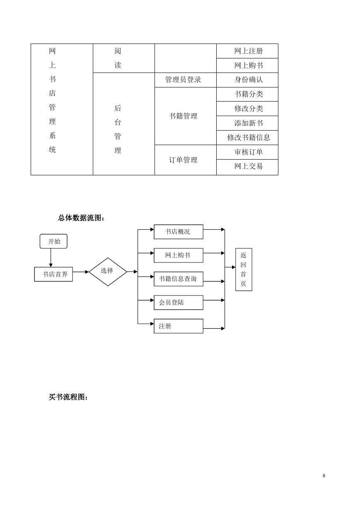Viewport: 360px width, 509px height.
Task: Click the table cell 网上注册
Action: [247, 51]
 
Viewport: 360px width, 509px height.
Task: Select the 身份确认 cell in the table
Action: [247, 80]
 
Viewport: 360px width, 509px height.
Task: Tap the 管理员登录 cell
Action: [185, 80]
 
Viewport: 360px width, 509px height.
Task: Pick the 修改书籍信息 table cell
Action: [247, 138]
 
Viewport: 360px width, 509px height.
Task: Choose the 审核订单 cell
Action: [247, 152]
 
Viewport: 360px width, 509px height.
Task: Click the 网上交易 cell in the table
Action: [247, 167]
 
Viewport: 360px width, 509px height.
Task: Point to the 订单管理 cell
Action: [185, 160]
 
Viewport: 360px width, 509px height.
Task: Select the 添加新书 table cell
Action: [247, 123]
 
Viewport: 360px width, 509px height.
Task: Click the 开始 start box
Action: [53, 241]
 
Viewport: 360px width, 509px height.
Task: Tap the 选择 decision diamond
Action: [108, 272]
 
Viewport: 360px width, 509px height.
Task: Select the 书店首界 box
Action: [53, 274]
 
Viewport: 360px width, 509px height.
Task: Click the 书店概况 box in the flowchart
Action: [179, 232]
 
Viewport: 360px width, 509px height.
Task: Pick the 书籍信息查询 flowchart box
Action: [179, 279]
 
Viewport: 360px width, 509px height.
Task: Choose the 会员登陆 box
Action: [179, 303]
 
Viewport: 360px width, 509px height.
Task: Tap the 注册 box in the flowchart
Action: [179, 326]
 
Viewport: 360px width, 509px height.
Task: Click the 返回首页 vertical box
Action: [244, 269]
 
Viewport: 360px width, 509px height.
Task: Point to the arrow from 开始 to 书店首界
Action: [51, 258]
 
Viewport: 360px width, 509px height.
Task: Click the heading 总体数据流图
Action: [81, 218]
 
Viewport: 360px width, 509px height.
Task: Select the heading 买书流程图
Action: [68, 397]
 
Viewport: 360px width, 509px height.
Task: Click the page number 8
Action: [324, 475]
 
